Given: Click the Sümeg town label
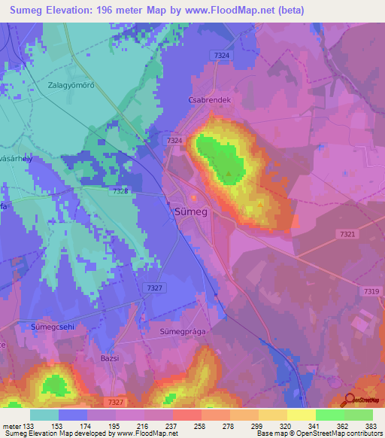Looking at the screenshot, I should (x=191, y=212).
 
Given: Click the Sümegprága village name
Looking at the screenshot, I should (x=183, y=330).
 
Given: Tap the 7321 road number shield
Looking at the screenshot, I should (x=347, y=236).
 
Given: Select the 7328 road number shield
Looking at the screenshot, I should (x=120, y=191).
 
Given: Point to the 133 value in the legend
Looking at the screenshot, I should (x=28, y=425).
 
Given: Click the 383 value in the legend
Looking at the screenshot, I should (x=372, y=425).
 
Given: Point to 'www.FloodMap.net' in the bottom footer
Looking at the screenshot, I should (x=148, y=433).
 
